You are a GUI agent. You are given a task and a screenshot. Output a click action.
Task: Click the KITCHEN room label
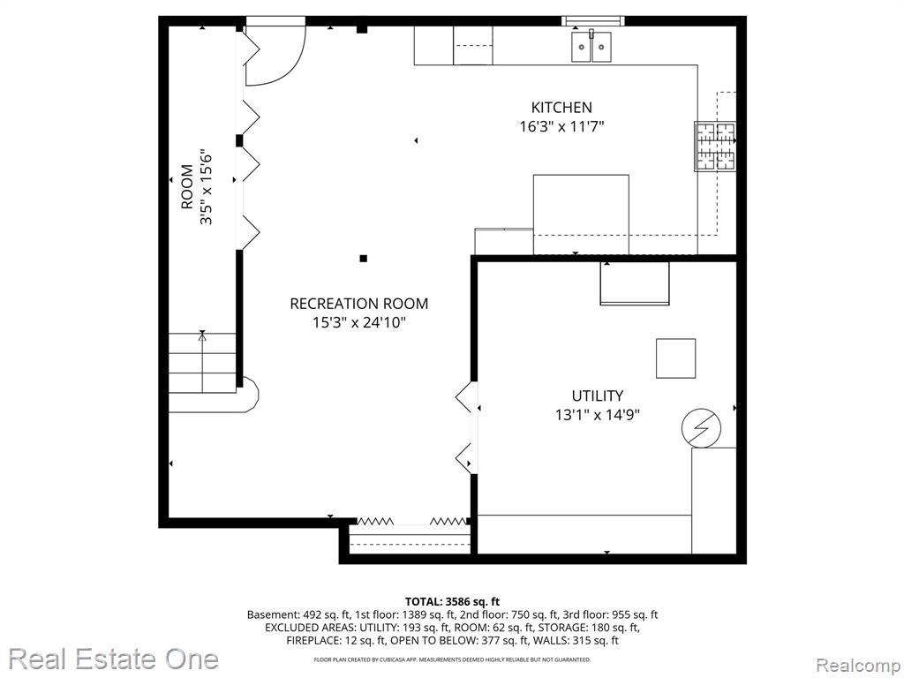[x=561, y=107]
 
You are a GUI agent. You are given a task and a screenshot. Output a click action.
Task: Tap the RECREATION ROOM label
[x=358, y=304]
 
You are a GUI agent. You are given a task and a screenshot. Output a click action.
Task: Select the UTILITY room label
[x=598, y=395]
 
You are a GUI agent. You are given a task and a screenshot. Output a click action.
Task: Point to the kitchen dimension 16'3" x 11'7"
[x=561, y=126]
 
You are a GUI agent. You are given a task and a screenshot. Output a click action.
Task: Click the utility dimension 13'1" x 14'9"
[x=598, y=415]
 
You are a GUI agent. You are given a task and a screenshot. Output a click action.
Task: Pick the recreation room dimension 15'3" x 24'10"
[x=359, y=322]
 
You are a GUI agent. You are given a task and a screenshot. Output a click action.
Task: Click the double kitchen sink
[x=591, y=46]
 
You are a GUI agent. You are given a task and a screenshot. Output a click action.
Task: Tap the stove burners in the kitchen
[x=715, y=147]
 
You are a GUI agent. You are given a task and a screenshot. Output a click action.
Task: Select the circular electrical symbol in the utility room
[x=701, y=428]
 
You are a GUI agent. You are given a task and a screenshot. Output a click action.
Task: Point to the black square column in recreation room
[x=363, y=259]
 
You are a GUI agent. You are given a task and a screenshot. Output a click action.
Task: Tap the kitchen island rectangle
[x=581, y=214]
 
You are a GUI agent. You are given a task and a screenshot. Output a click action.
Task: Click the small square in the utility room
[x=675, y=358]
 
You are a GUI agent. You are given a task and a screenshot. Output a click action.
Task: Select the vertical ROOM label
[x=187, y=187]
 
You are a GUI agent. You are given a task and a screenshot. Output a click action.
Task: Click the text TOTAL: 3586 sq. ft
[x=452, y=602]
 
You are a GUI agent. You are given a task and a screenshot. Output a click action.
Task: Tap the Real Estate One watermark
[x=113, y=659]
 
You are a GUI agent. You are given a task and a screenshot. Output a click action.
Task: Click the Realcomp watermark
[x=858, y=665]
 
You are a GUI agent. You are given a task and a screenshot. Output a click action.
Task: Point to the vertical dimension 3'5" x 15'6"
[x=206, y=187]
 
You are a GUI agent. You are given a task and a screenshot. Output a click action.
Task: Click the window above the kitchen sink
[x=593, y=21]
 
